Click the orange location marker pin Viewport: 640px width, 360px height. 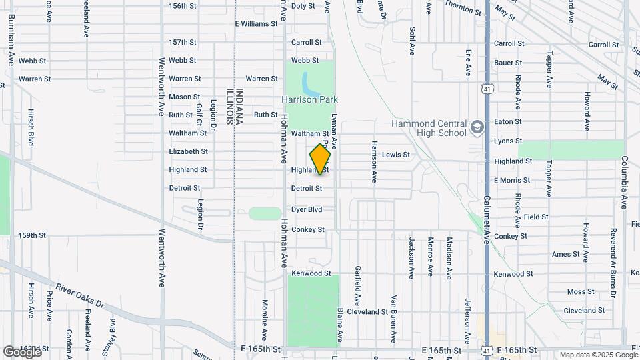point(320,159)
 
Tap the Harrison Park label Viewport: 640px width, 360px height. point(309,100)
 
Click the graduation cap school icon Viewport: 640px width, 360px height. point(477,127)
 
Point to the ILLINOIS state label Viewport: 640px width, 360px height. point(228,107)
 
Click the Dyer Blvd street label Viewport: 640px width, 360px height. point(307,209)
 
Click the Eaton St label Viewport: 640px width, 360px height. point(508,121)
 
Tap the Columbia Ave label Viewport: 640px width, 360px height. point(625,183)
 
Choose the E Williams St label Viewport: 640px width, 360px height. point(256,24)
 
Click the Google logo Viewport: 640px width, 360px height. point(22,351)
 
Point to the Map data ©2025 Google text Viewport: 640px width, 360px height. point(597,355)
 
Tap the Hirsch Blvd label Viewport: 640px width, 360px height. point(31,127)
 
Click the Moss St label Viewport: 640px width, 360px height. point(580,292)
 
